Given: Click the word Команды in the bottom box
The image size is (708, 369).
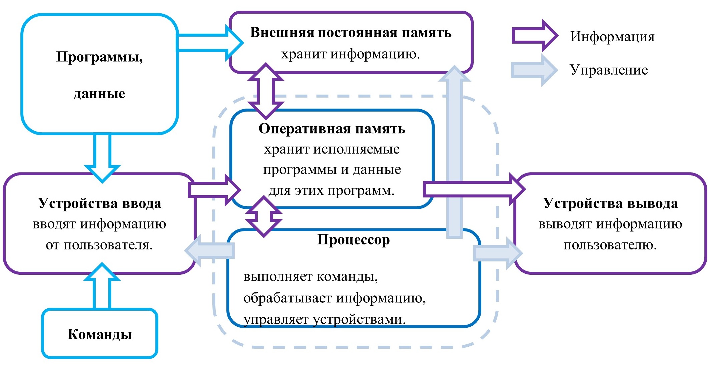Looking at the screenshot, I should [100, 334].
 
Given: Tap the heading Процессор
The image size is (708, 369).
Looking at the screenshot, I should [353, 240].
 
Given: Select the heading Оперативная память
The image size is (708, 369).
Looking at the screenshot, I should [332, 129].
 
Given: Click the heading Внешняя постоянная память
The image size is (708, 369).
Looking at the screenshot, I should [351, 33].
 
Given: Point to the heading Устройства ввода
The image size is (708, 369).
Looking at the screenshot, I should [99, 203].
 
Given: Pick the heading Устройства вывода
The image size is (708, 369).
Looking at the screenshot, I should [610, 203].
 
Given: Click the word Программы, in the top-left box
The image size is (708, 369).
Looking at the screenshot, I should [99, 57].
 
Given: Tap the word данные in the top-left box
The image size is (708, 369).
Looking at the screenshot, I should [99, 94].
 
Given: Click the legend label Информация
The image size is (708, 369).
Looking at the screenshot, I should [612, 36].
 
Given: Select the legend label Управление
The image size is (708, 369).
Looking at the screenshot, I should [609, 70].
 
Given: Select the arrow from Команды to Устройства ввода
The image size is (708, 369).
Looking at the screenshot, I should [102, 286].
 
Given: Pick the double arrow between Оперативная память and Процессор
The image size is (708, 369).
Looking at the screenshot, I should [264, 216].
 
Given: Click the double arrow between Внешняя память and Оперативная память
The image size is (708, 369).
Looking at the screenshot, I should [266, 91].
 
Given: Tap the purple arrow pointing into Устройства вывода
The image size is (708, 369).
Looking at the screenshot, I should [473, 189].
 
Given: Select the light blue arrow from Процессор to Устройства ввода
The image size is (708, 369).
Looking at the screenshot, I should [210, 250].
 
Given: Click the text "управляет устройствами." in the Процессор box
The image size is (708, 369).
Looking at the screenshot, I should [324, 319].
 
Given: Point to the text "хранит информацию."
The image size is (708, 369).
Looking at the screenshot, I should [350, 54].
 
